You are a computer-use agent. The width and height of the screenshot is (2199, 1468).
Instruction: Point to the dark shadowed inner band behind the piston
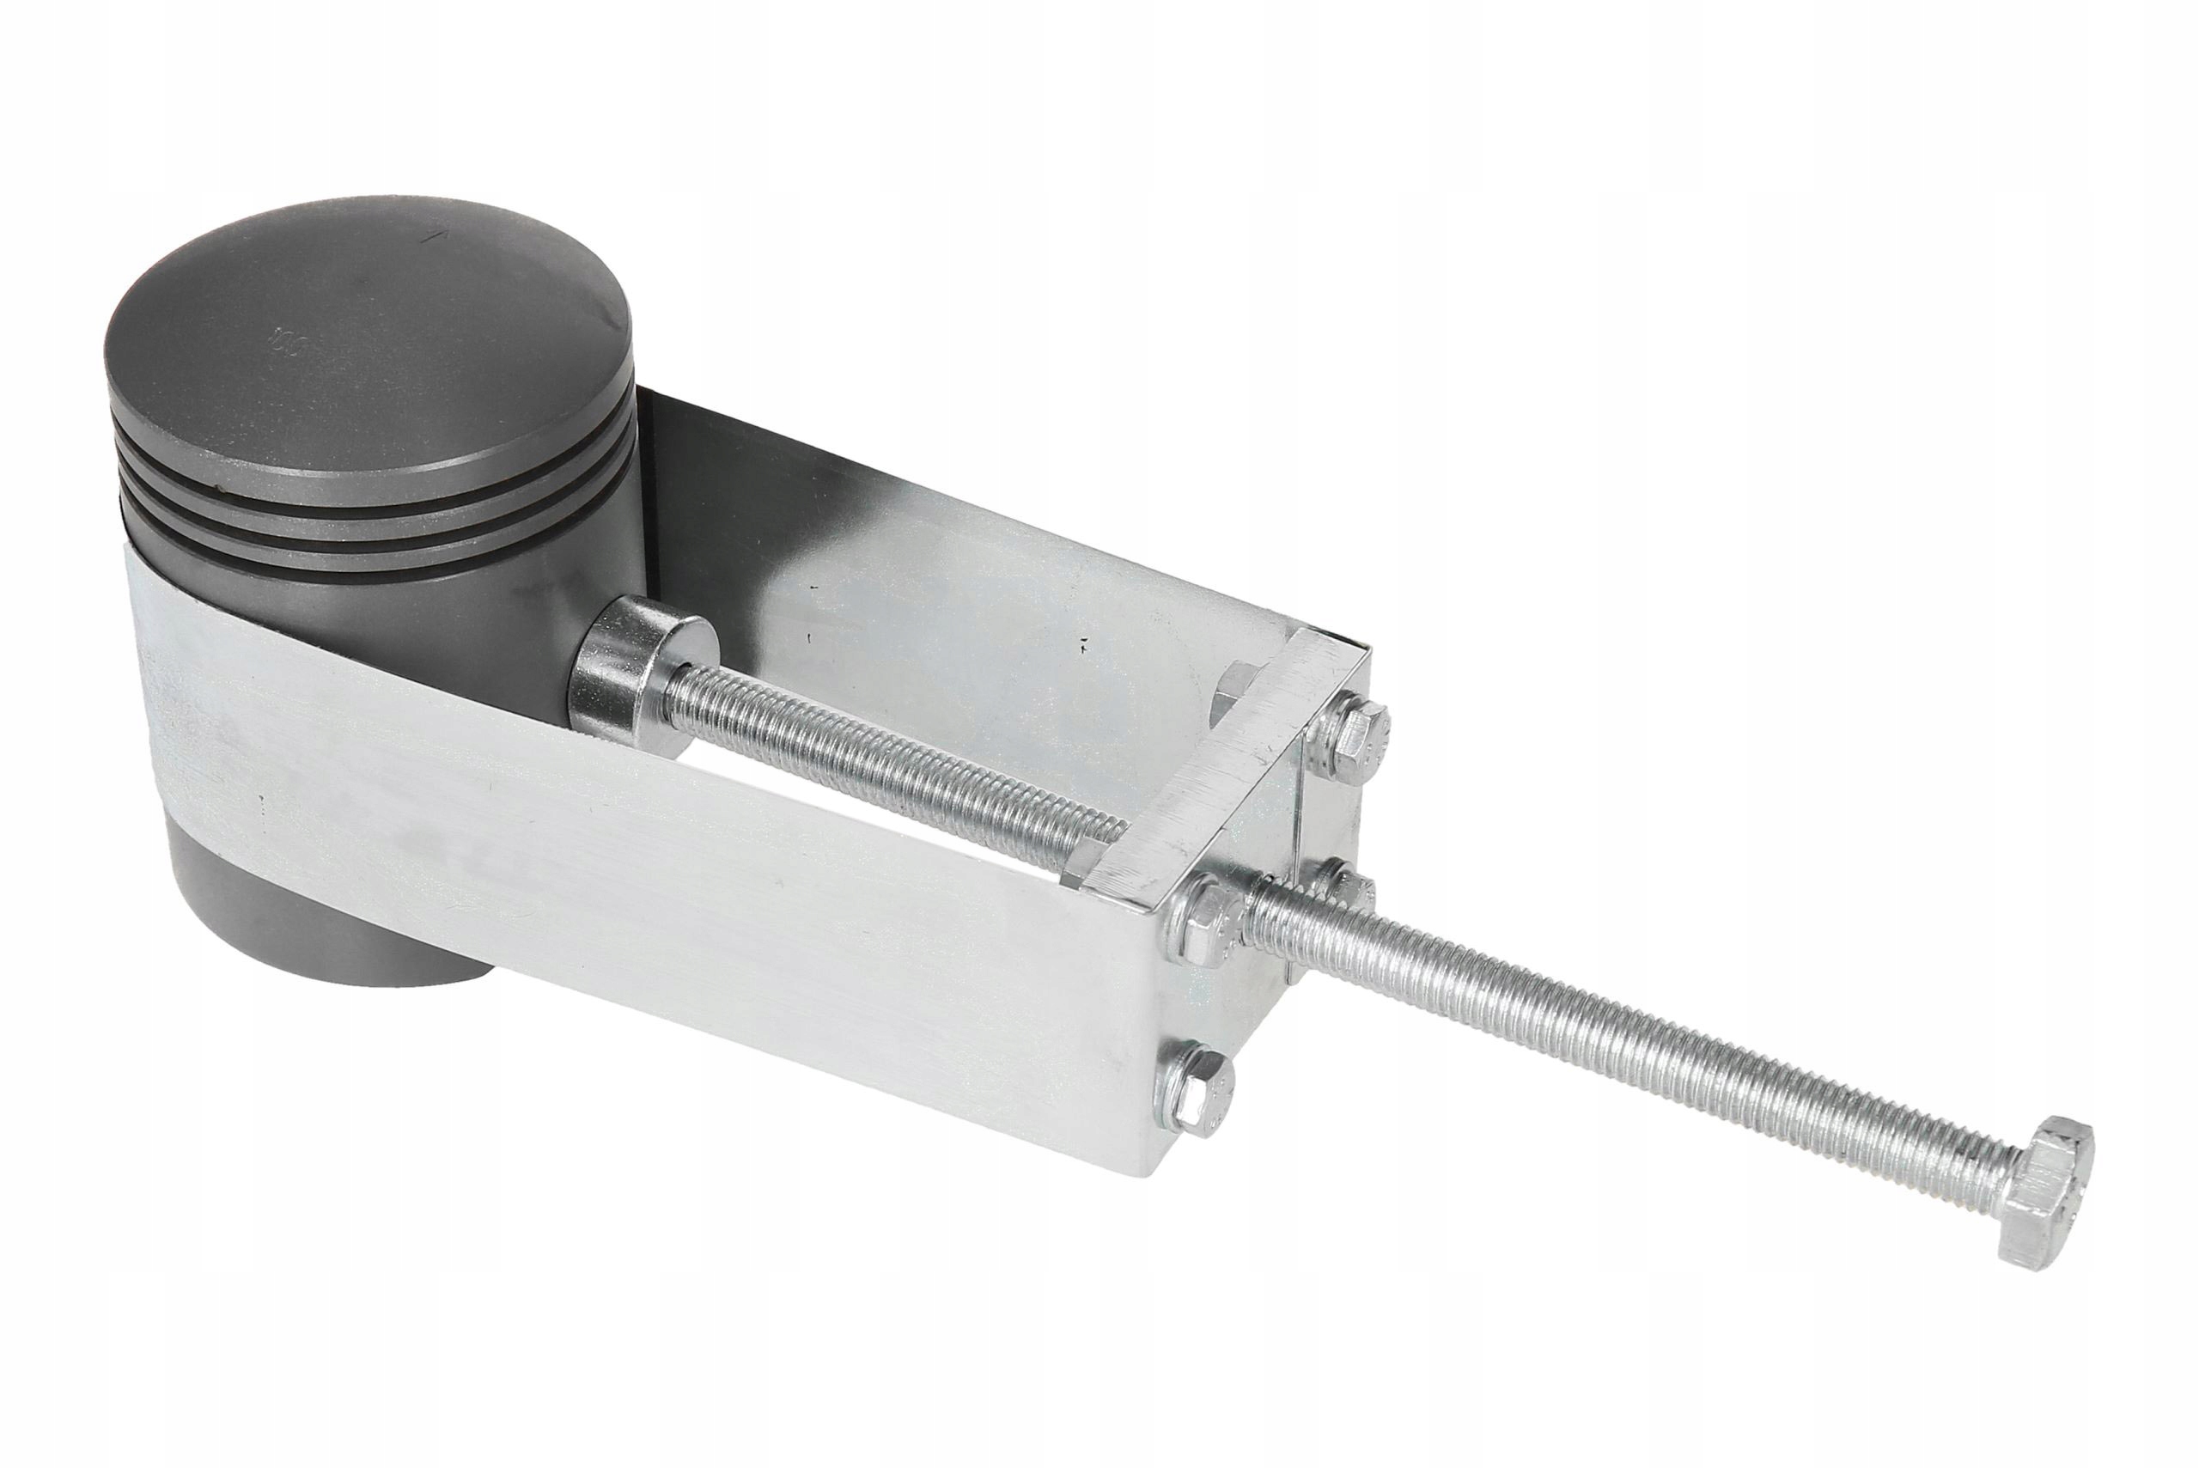point(711,487)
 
